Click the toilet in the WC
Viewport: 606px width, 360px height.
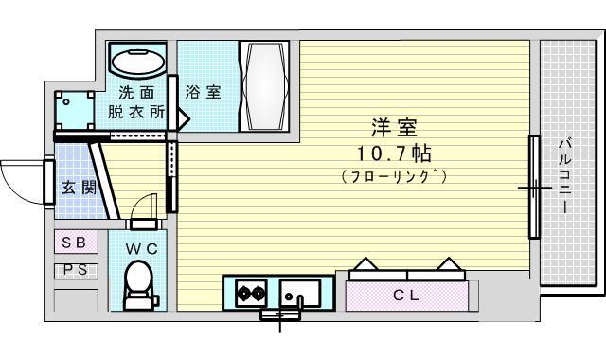[140, 284]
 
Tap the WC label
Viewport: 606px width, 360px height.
[141, 249]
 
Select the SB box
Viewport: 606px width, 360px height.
[76, 243]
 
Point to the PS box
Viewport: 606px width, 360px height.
[76, 270]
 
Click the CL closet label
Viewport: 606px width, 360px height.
[406, 296]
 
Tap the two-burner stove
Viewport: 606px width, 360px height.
[251, 294]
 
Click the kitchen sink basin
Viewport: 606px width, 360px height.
[300, 293]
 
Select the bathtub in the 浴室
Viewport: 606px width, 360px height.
[265, 86]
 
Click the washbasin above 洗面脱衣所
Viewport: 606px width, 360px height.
[138, 61]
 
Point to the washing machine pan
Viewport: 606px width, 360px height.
[74, 110]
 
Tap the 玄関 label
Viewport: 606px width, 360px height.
[79, 189]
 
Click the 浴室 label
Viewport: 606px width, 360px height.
[203, 92]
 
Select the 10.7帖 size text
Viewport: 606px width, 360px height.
[393, 153]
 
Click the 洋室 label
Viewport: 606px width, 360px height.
[394, 128]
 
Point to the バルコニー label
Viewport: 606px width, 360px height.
[564, 175]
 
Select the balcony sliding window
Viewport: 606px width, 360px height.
[534, 187]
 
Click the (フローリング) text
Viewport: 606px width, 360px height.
[394, 176]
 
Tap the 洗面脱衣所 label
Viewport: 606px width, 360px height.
[136, 102]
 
